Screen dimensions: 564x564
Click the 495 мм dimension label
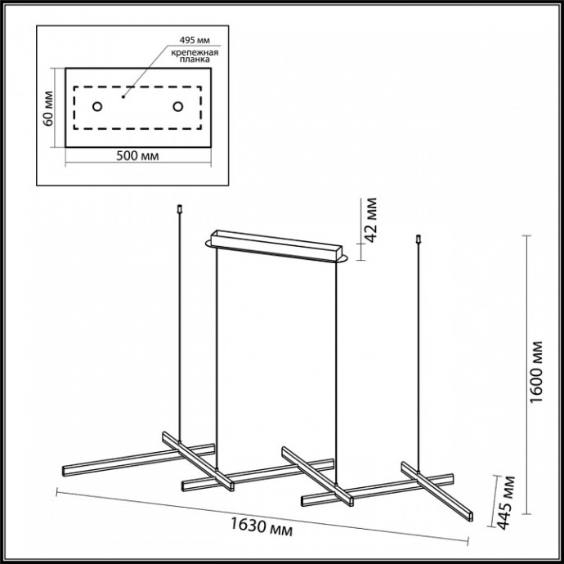195,39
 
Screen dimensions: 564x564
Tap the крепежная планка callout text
195,56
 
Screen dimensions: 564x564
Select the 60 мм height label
48,109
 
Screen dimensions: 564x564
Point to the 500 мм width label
137,156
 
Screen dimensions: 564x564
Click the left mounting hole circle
97,106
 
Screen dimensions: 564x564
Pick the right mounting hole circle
177,106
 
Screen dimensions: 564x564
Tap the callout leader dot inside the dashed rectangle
123,96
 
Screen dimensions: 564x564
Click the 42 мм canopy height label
370,220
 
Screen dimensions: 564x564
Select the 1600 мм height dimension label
536,372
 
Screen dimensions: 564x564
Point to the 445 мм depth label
508,502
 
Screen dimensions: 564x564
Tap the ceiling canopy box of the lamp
276,245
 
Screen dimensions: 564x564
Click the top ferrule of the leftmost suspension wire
180,209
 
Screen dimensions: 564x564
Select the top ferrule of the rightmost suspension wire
419,239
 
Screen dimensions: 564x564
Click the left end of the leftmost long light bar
64,471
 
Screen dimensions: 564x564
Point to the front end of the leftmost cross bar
231,486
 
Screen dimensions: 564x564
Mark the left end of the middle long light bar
183,486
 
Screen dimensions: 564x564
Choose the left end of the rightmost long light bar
303,501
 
